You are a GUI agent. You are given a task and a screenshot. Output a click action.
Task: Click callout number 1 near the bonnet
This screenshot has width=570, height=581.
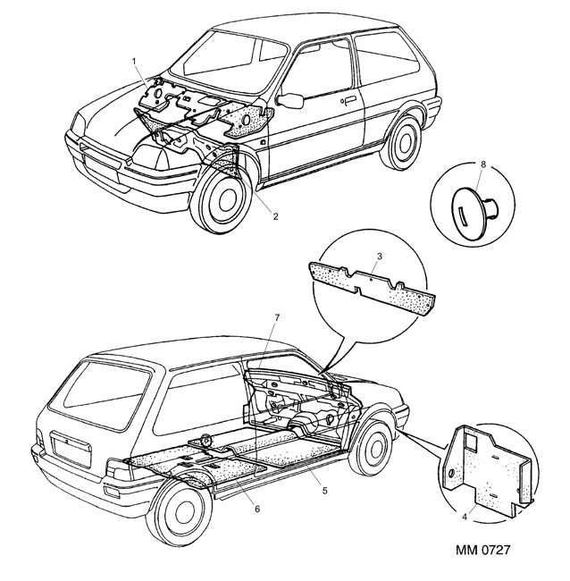coord(134,60)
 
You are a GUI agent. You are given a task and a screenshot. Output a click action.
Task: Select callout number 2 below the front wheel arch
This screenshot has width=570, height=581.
coord(275,216)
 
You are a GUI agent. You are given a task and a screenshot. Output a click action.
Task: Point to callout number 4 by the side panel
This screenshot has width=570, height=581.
coord(465,515)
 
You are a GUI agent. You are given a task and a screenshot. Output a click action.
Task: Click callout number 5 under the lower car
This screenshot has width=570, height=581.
coord(324,490)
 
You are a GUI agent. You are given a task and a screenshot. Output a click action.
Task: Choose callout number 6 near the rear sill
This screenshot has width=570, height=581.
coord(257,509)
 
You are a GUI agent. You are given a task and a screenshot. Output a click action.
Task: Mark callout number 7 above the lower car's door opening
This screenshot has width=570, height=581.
coord(278,317)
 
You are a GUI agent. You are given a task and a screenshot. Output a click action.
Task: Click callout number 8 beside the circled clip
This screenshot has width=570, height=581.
coord(483,164)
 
